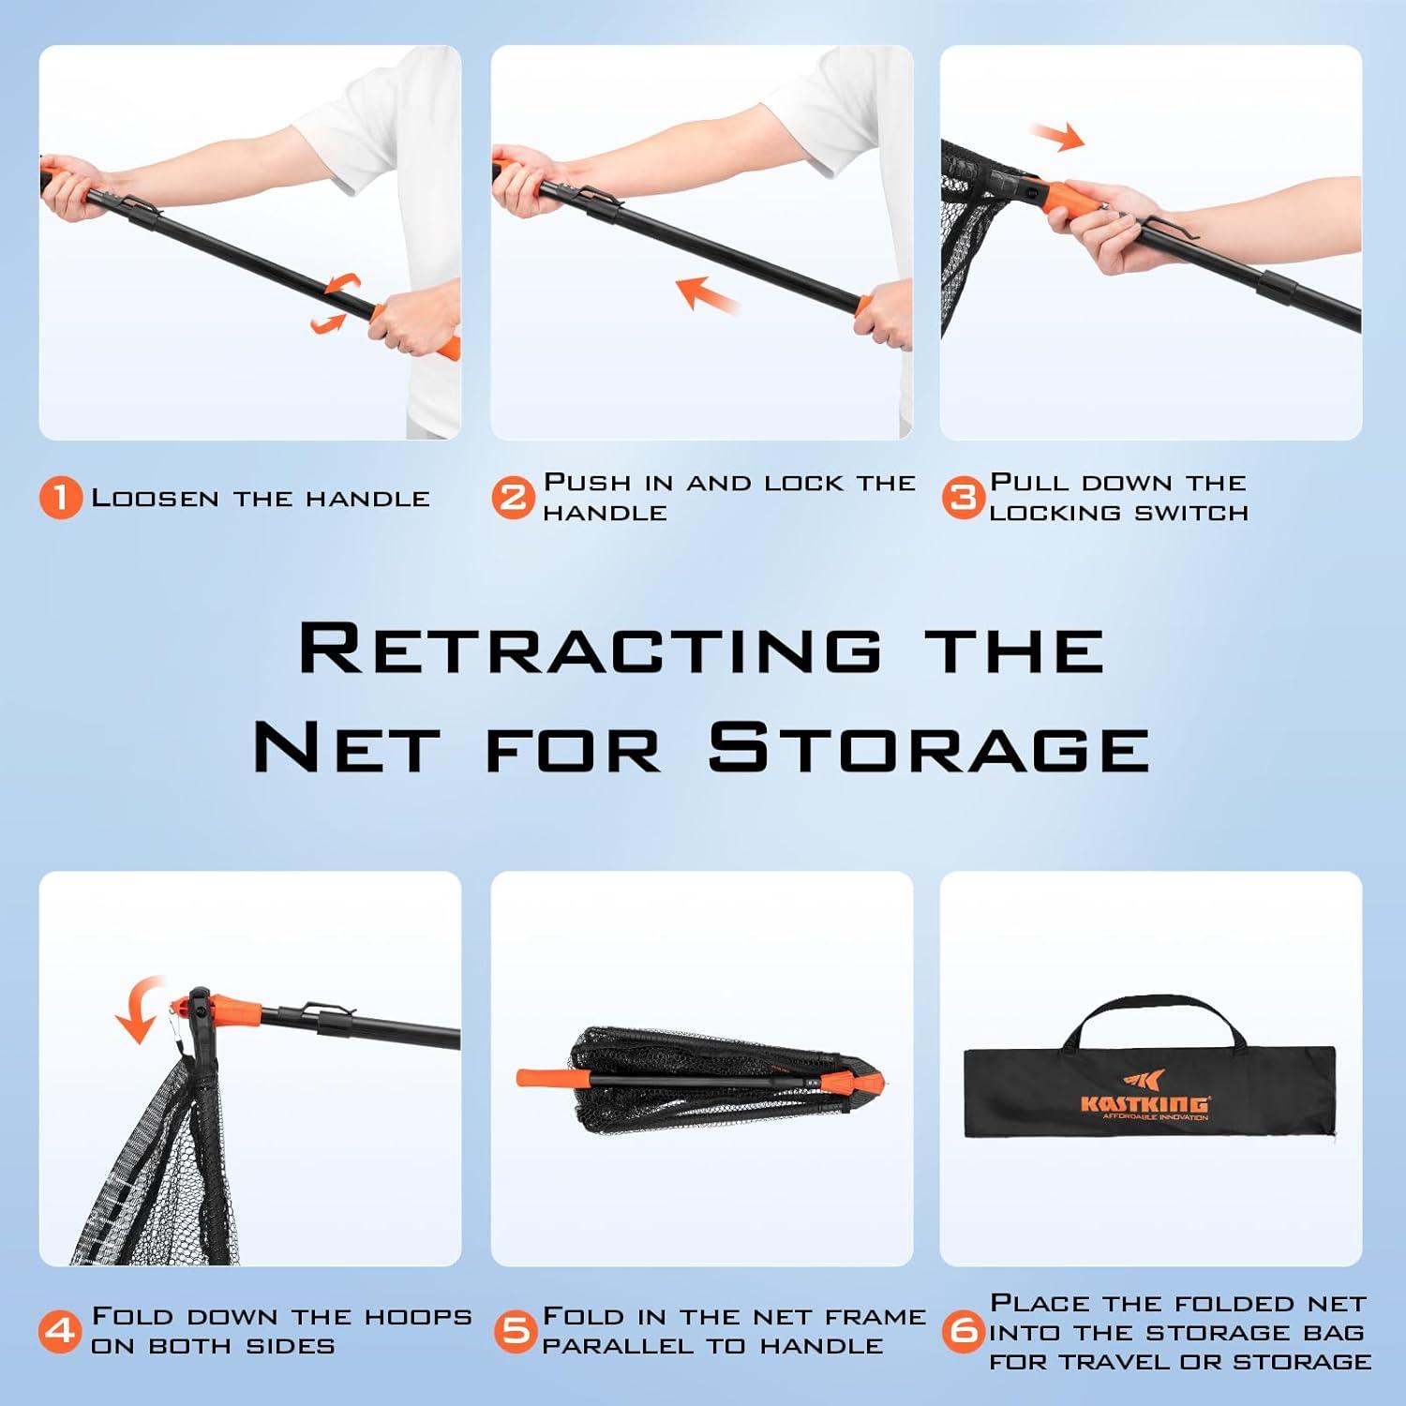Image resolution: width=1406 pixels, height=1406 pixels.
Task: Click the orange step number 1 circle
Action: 61,498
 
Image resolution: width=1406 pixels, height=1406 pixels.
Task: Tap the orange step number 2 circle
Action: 513,498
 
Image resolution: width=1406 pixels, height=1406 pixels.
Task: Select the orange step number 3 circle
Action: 963,498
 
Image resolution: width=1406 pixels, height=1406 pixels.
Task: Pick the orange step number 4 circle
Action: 61,1331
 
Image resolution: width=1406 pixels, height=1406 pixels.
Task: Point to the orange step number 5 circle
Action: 515,1331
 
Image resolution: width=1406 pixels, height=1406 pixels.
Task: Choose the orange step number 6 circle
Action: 964,1331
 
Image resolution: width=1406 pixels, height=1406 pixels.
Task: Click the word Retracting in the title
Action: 591,649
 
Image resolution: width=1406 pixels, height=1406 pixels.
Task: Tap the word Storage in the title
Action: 929,748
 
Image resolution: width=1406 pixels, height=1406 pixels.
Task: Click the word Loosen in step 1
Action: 156,498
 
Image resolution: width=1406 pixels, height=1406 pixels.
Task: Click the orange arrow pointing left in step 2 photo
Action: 709,293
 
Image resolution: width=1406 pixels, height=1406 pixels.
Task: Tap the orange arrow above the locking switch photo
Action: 1056,137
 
